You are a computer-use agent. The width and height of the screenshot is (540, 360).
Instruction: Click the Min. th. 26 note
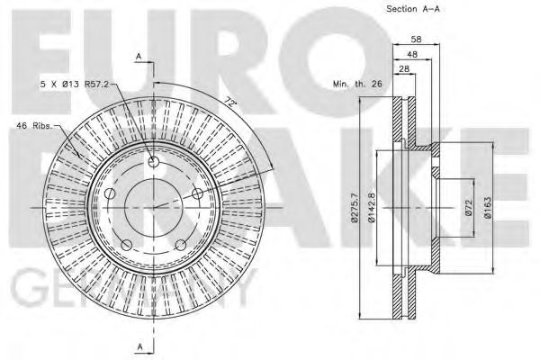357,84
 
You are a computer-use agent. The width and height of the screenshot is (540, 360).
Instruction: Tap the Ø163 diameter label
487,208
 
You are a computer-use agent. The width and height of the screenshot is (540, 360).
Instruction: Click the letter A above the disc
139,56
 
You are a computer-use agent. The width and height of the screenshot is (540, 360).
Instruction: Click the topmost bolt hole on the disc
152,161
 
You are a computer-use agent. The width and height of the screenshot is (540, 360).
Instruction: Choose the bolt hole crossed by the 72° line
195,192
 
